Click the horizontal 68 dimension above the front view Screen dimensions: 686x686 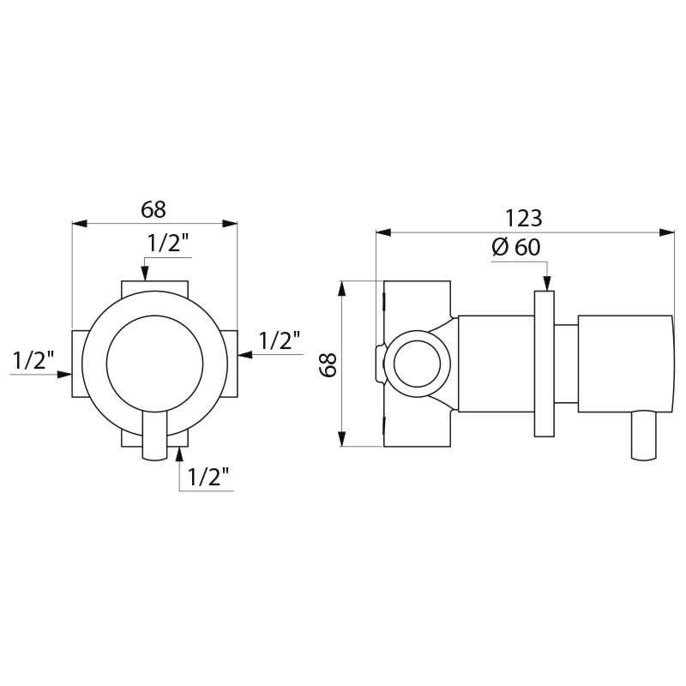(153, 208)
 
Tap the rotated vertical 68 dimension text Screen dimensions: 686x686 (327, 364)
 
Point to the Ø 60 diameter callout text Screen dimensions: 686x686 (516, 247)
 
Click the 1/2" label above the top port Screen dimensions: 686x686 (168, 244)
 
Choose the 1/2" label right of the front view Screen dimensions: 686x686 (280, 340)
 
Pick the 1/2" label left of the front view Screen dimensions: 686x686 (33, 361)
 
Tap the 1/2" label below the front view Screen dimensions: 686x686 (210, 478)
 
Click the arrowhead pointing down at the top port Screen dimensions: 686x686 (145, 274)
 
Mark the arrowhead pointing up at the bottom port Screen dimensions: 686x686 (179, 454)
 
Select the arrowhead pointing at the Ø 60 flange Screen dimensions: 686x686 (545, 285)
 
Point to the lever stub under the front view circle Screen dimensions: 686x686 (154, 436)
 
